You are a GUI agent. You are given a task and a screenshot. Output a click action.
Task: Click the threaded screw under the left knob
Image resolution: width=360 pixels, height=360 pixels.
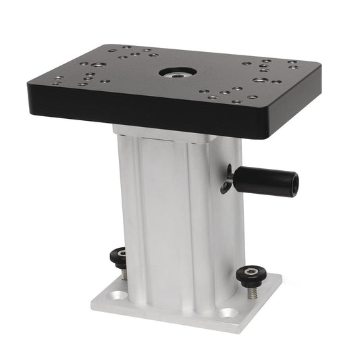point(124,272)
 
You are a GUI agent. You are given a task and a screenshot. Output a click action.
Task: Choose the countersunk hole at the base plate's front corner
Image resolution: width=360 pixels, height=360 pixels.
point(228,313)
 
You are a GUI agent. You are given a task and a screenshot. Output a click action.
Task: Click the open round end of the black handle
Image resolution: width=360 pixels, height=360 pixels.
point(292,182)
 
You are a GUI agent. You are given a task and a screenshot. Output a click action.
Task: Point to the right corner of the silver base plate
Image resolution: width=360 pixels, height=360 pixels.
point(282,277)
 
